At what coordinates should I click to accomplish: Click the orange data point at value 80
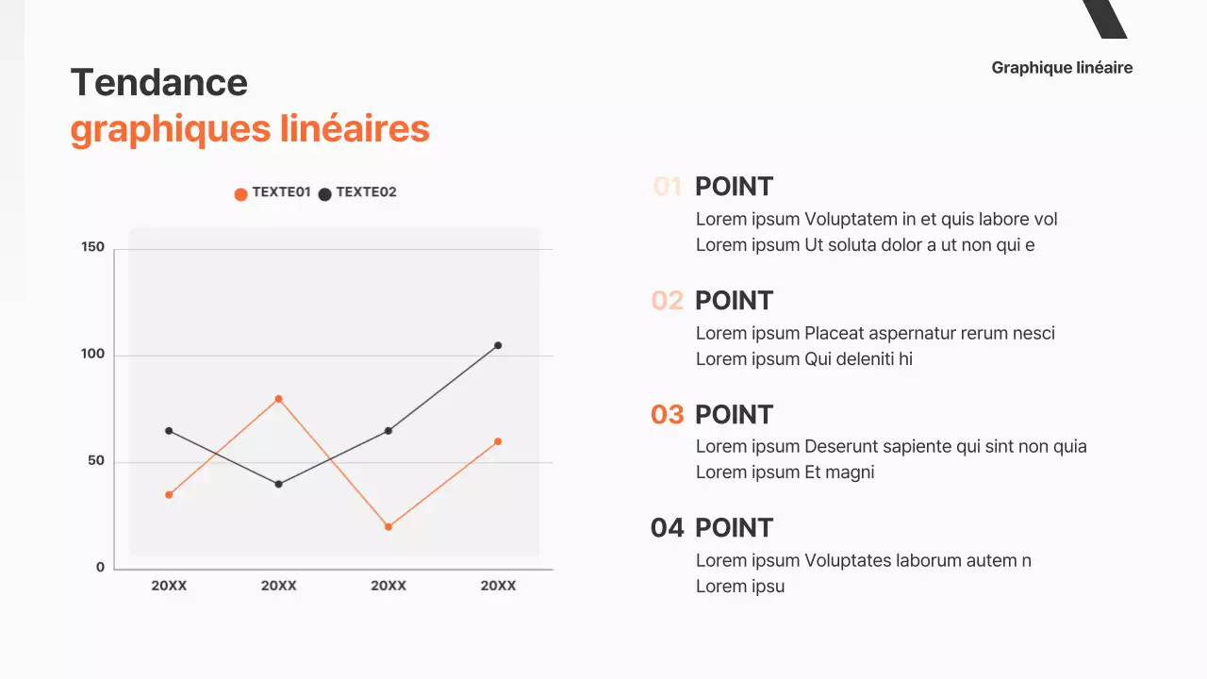coord(278,399)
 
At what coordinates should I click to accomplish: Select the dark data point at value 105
coord(498,345)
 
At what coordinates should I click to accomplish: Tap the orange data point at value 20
coord(388,526)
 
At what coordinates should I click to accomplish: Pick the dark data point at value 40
coord(278,484)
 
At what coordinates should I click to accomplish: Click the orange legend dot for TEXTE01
coord(240,194)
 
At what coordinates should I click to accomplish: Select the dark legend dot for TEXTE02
coord(324,194)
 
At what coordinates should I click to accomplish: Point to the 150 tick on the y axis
coord(93,247)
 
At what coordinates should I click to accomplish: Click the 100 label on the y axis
coord(93,355)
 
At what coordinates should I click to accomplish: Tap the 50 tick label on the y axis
coord(95,461)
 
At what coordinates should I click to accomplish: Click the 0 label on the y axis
coord(100,567)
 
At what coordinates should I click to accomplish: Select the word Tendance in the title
coord(159,83)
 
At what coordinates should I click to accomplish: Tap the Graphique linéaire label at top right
coord(1062,68)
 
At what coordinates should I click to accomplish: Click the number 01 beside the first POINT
coord(667,187)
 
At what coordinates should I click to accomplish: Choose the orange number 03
coord(667,415)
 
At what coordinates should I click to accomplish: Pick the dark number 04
coord(667,528)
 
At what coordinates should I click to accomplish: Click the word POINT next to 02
coord(734,301)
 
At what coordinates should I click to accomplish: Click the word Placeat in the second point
coord(834,333)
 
